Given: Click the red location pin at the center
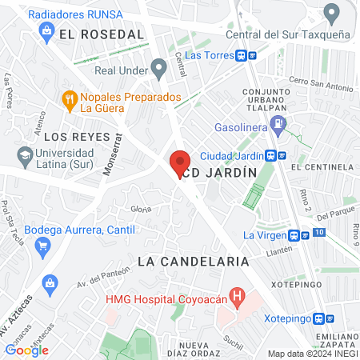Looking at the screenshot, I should coord(180,163).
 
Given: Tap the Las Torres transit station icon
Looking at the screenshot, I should coord(246,55).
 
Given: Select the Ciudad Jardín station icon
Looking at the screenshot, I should coord(277,155).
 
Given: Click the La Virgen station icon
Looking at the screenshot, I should coord(301,235).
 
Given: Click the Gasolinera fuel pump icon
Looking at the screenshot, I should coord(278,124).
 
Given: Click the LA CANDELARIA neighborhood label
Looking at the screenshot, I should coord(193,262).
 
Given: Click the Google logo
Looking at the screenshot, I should coord(26,350).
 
